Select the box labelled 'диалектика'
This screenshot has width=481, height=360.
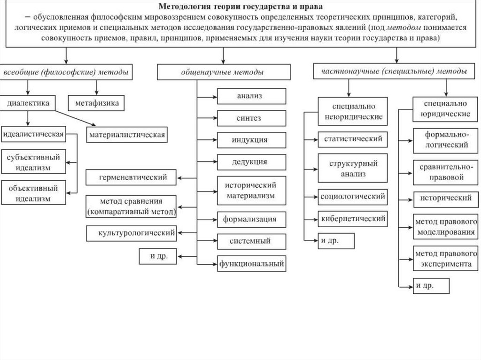(28, 103)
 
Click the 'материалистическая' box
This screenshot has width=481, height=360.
(126, 135)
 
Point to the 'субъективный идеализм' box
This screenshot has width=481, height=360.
(32, 162)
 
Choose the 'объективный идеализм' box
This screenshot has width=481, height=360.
(33, 193)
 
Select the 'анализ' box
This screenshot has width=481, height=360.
(251, 96)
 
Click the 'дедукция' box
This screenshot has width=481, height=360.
(251, 162)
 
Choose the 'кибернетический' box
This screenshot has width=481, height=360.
(352, 219)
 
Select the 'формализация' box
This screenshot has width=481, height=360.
(251, 219)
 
